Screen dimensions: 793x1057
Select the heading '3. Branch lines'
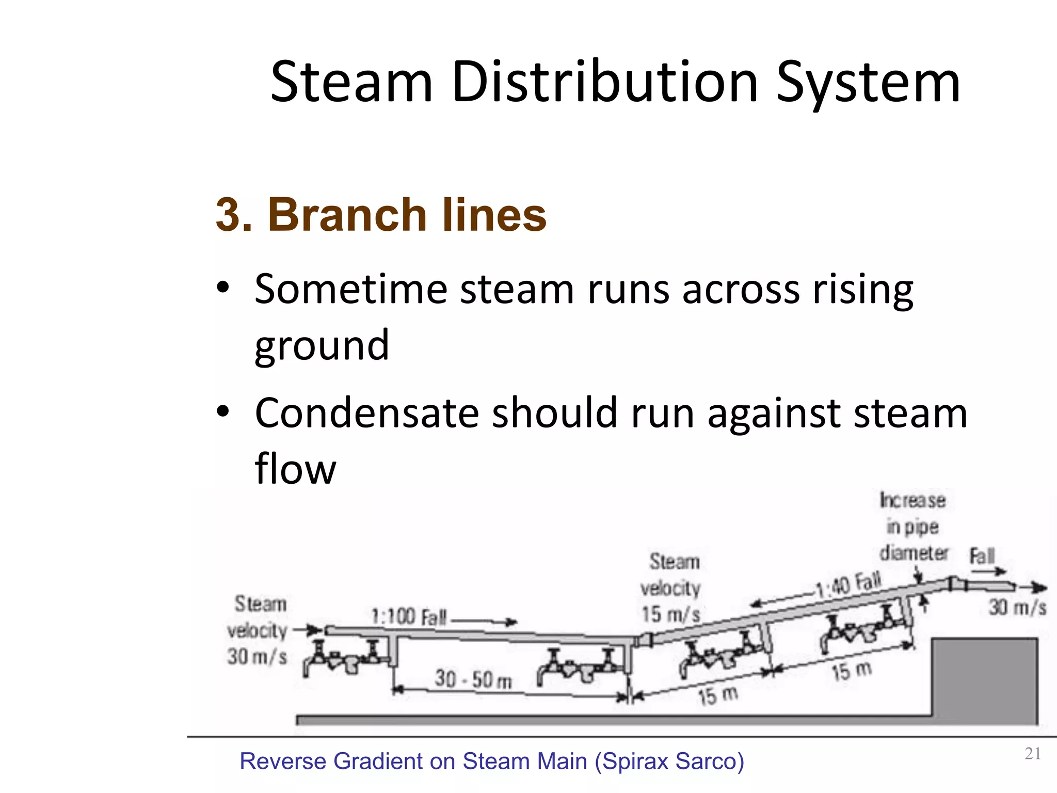[381, 214]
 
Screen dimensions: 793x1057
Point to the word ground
[322, 345]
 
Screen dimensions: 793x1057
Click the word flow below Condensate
[295, 469]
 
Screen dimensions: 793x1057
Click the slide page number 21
[1032, 754]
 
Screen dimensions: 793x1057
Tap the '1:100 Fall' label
[408, 617]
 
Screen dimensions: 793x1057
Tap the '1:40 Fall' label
[849, 584]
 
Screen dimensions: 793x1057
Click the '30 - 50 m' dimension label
[473, 679]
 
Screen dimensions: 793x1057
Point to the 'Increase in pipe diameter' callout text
[913, 527]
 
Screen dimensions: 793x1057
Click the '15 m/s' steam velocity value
[670, 614]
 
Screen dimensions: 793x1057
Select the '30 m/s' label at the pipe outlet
[1017, 608]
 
